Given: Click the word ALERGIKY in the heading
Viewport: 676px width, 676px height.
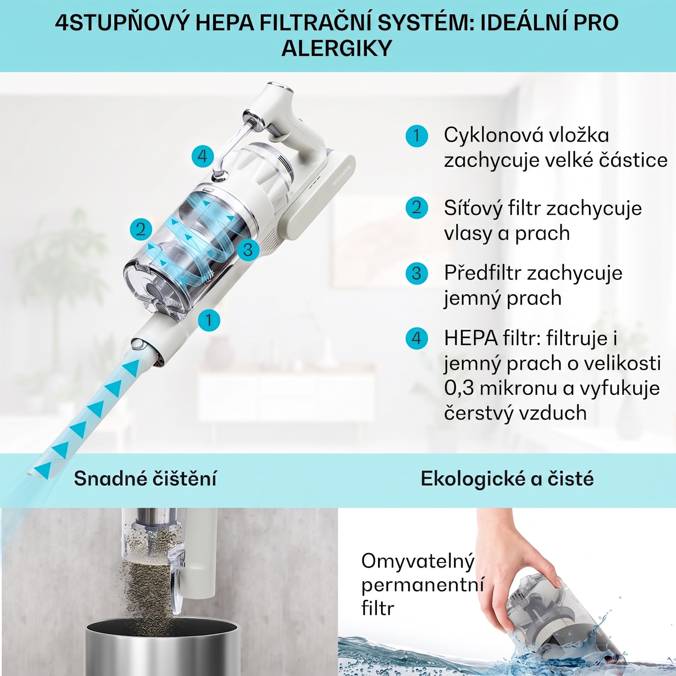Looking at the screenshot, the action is coord(337,48).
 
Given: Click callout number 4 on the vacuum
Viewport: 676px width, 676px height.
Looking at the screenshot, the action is coord(202,156).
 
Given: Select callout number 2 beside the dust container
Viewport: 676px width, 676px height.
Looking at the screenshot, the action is coord(141,229).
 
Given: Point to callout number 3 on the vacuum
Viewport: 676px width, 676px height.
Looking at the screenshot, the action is coord(248,249).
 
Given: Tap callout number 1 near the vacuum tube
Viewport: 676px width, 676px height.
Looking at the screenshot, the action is coord(209,320).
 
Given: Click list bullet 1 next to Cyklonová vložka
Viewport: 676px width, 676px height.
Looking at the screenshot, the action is coord(416,136).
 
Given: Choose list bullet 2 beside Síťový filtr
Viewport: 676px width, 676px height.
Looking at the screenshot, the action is coord(416,208).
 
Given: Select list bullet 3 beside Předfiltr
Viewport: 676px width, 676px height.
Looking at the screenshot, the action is coord(416,274).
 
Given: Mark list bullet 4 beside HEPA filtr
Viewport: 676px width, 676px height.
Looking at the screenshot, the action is coord(416,338).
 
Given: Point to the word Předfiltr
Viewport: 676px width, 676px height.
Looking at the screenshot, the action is coord(483,273).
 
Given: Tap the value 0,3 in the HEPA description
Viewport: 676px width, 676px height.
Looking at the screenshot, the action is coord(459,388).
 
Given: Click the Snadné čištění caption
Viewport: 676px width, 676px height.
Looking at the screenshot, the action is coord(145,479).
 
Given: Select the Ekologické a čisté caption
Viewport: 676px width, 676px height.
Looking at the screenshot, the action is coord(507,479).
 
